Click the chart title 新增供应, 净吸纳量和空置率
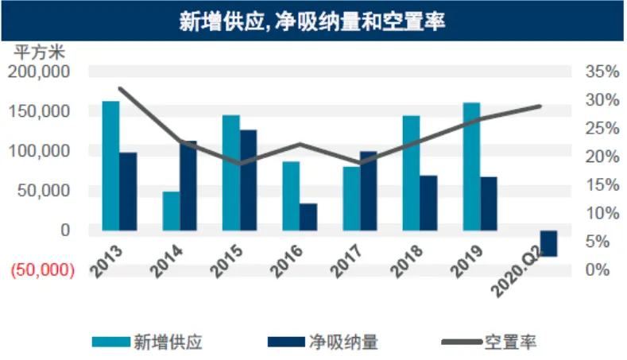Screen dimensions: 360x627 [312, 21]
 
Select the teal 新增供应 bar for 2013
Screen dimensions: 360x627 [111, 165]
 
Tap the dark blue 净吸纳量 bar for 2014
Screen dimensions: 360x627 [188, 185]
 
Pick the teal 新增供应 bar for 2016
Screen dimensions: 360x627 [291, 195]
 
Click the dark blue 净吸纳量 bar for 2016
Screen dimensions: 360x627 [308, 216]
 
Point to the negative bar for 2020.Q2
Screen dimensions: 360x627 [548, 243]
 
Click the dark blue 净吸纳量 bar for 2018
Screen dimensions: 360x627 [428, 203]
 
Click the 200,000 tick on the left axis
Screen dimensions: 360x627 [41, 72]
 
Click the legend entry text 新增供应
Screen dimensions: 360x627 [168, 343]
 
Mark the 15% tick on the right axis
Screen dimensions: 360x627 [601, 184]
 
